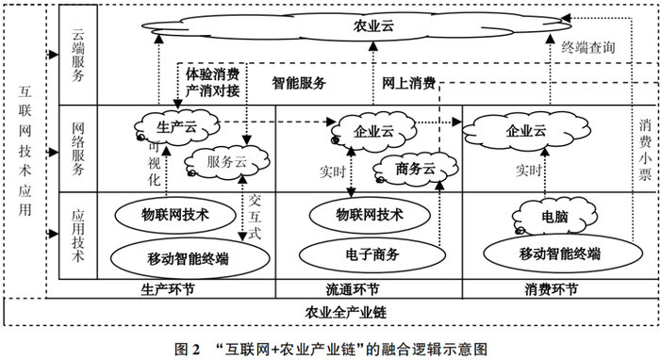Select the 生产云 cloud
[x=176, y=124]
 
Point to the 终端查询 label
[x=588, y=44]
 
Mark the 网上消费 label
[x=408, y=83]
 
